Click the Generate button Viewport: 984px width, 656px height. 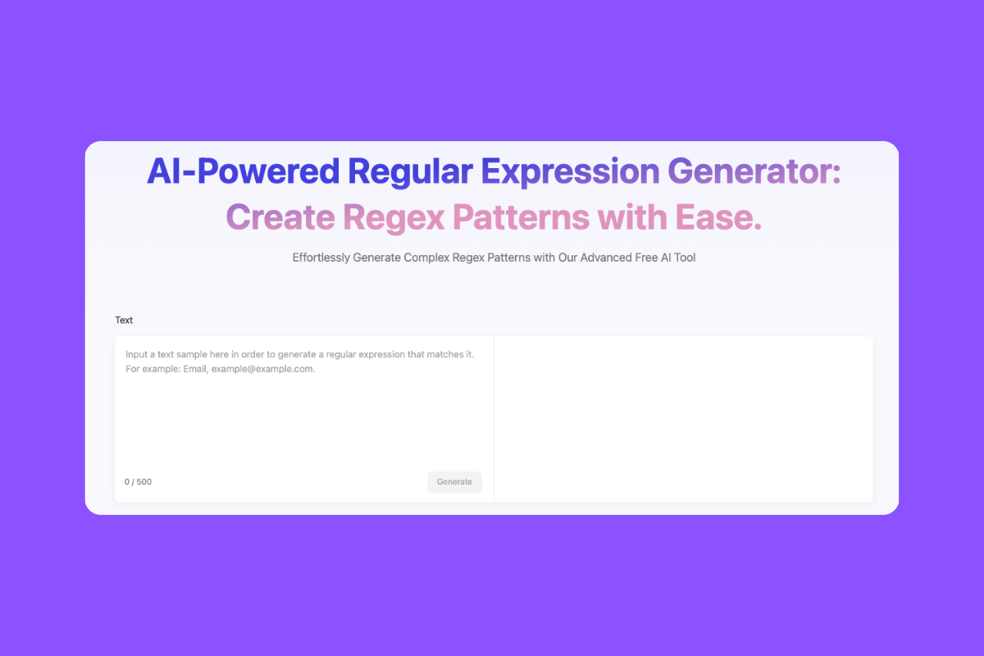(454, 482)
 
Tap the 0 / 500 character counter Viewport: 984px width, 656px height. (138, 482)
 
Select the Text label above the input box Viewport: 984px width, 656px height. (124, 321)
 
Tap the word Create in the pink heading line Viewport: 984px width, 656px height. (280, 217)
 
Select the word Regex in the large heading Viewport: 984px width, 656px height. (394, 217)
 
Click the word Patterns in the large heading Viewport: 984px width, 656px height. (520, 217)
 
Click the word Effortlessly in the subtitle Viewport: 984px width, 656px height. (321, 257)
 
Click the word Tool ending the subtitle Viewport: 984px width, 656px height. (683, 257)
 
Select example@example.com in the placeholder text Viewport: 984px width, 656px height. (263, 370)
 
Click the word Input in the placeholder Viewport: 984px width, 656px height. (138, 354)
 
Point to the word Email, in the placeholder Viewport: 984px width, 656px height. (195, 370)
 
